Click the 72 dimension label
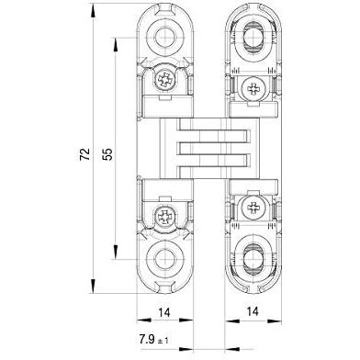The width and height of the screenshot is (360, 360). pyautogui.click(x=85, y=154)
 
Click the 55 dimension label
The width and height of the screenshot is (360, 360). pyautogui.click(x=107, y=154)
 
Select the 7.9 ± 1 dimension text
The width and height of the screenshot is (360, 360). pyautogui.click(x=154, y=340)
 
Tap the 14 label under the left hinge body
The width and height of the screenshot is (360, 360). pyautogui.click(x=164, y=312)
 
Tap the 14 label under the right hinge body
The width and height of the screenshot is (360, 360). pyautogui.click(x=253, y=311)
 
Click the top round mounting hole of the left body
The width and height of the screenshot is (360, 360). pyautogui.click(x=165, y=38)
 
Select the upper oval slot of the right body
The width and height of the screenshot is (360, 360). pyautogui.click(x=253, y=38)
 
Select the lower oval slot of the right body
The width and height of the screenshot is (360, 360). pyautogui.click(x=253, y=259)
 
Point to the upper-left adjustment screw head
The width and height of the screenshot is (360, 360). pyautogui.click(x=165, y=81)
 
